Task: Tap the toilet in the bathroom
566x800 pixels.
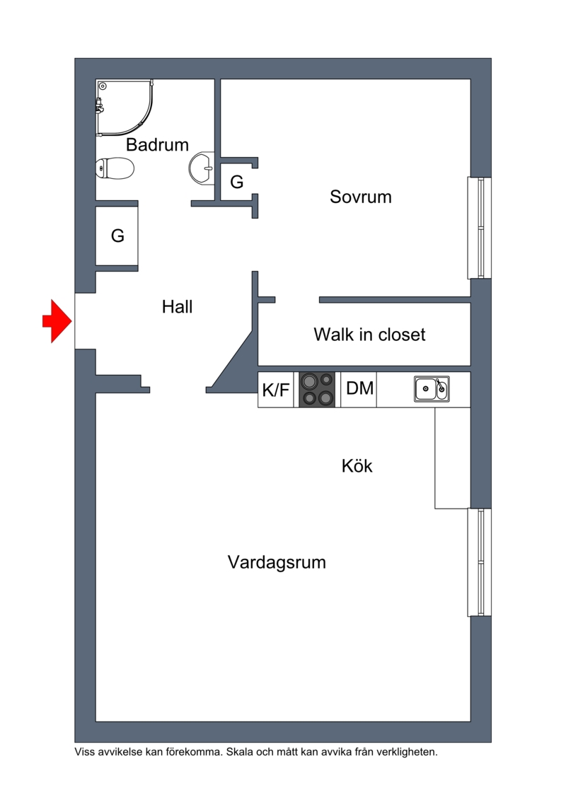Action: [x=115, y=168]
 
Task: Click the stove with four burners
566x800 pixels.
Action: [x=317, y=390]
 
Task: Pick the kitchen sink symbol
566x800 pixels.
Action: [x=431, y=389]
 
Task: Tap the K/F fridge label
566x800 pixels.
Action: [x=276, y=390]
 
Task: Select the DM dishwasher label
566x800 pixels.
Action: [x=359, y=388]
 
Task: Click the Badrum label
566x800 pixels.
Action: [x=157, y=145]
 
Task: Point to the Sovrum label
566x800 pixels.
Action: [x=360, y=197]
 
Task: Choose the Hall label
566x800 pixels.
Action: [x=177, y=307]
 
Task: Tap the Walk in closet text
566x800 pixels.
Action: [x=369, y=334]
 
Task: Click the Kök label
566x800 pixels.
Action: [x=357, y=466]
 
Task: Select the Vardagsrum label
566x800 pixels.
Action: [x=277, y=563]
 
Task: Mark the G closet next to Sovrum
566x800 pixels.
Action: [x=237, y=182]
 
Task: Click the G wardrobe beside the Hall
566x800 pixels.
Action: [x=117, y=236]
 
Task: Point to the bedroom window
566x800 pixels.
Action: [x=479, y=228]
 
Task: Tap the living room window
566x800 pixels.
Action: [x=479, y=562]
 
